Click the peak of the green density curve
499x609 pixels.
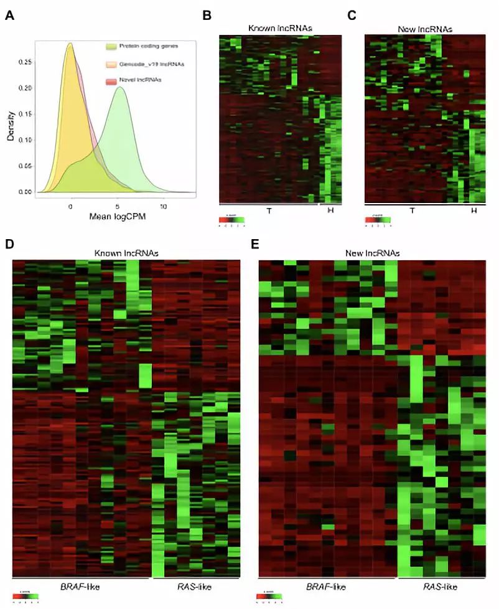click(x=120, y=87)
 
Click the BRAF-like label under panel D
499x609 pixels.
click(x=80, y=587)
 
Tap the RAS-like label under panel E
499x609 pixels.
click(x=441, y=587)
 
